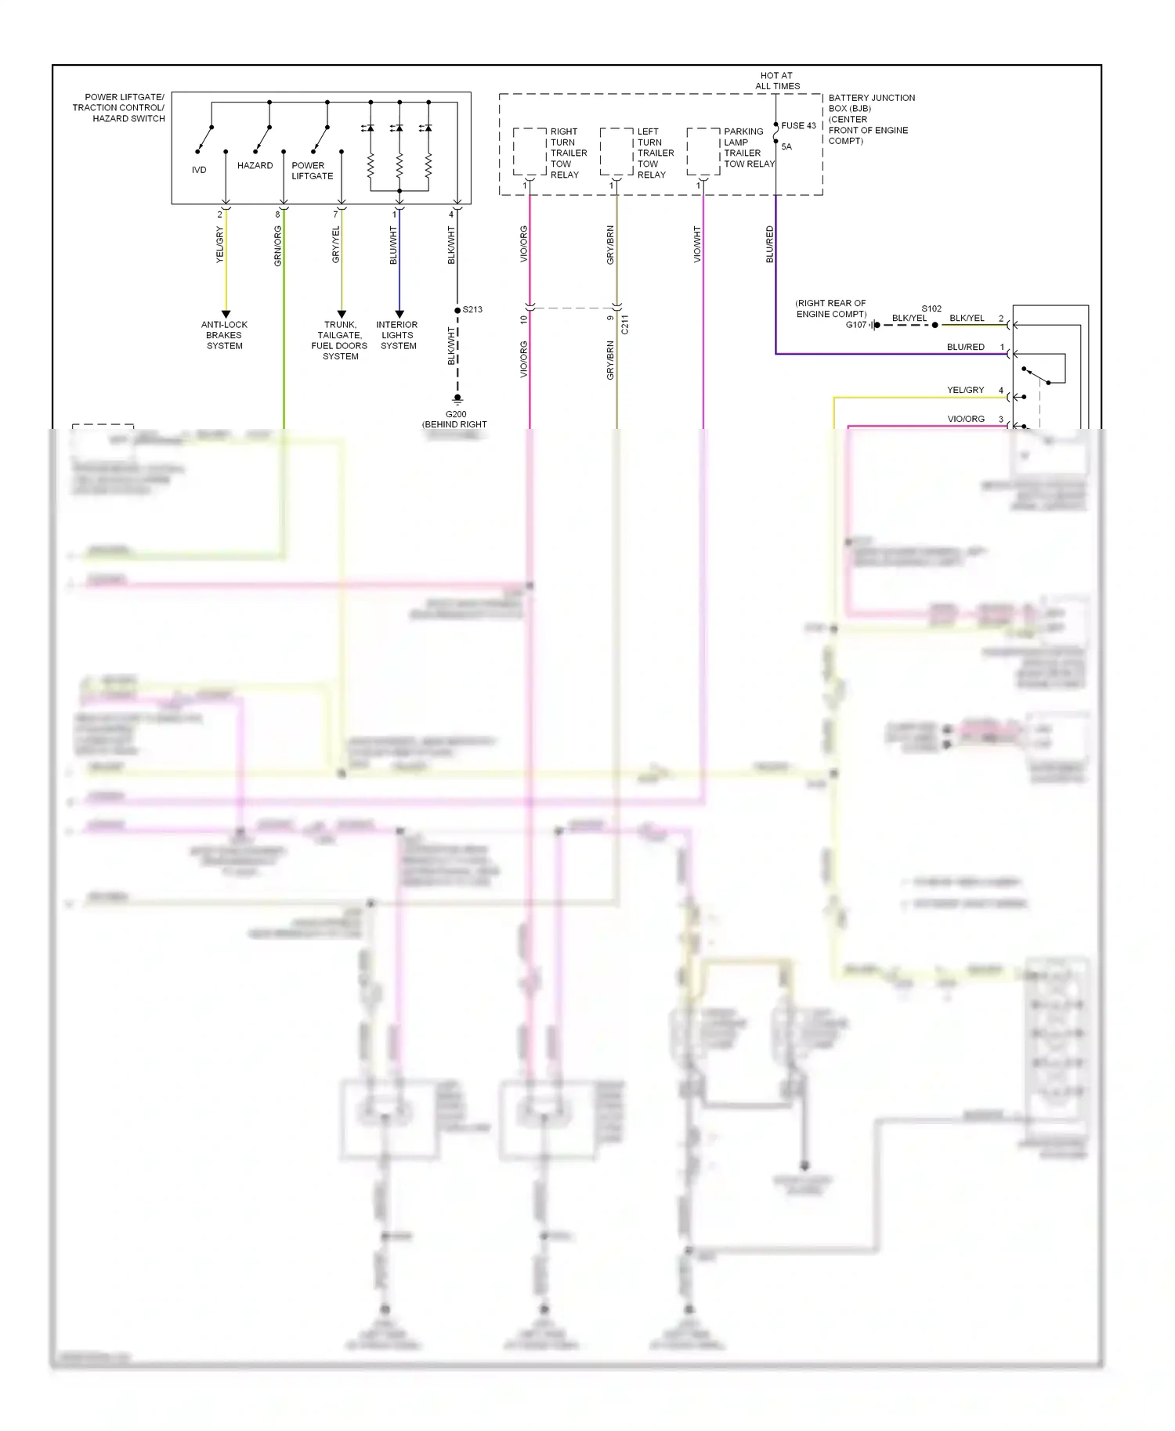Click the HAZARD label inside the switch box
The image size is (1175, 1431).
click(255, 166)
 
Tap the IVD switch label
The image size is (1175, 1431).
click(199, 170)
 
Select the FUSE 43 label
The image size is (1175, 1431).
click(798, 125)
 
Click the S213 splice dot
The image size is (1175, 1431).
click(457, 310)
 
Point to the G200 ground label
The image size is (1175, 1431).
click(455, 414)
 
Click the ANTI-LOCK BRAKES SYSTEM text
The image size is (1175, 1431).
click(224, 335)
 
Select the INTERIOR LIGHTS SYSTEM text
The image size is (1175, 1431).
click(397, 335)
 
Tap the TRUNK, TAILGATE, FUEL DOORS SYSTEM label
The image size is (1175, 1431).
click(339, 341)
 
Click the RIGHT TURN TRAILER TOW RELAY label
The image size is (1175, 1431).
click(568, 153)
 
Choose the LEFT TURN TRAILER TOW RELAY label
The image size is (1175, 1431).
click(655, 153)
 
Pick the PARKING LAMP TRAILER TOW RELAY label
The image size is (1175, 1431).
click(748, 148)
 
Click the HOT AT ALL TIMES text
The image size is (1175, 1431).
click(777, 81)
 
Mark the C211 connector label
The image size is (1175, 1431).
click(624, 325)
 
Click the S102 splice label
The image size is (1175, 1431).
click(931, 309)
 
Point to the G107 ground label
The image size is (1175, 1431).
click(855, 325)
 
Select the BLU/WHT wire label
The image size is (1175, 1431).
click(394, 245)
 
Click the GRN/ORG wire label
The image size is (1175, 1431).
click(278, 246)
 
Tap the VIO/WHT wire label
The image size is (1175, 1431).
click(697, 244)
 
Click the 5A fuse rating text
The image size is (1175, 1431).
click(786, 147)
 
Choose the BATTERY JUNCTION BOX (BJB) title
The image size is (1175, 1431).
click(871, 103)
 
